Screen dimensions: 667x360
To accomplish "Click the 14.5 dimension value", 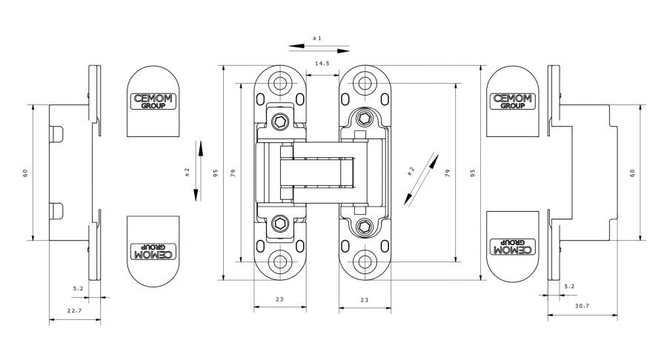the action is click(x=322, y=64).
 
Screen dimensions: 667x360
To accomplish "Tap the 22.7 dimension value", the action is click(x=74, y=310).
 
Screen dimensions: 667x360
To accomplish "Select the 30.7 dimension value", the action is click(x=582, y=306).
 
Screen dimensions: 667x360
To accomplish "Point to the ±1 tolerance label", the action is click(x=317, y=39).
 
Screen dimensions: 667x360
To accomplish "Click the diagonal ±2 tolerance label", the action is click(x=411, y=171).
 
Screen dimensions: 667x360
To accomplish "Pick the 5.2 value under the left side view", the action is click(x=79, y=289).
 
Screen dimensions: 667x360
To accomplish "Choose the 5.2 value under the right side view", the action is click(x=569, y=287).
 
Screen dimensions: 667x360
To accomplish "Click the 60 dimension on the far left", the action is click(x=25, y=173).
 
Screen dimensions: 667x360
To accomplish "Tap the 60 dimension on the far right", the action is click(x=632, y=173).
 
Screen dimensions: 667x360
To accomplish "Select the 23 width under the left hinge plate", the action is click(x=279, y=299).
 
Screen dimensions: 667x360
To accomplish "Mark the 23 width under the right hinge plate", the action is click(x=365, y=300).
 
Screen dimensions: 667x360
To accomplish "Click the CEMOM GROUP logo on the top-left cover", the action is click(x=153, y=101).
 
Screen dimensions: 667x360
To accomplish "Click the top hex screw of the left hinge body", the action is click(x=280, y=122).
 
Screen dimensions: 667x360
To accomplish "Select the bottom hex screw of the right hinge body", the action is click(x=365, y=226).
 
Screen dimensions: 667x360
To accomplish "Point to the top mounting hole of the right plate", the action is click(x=365, y=83).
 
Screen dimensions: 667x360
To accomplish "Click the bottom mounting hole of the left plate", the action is click(x=279, y=261).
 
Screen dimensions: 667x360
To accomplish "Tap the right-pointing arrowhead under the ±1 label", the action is click(x=343, y=51).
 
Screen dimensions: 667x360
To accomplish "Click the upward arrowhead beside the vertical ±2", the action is click(x=200, y=147).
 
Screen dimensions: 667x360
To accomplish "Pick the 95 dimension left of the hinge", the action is click(x=216, y=173).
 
